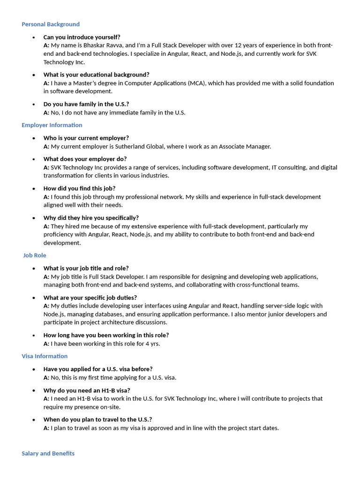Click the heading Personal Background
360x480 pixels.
[x=51, y=24]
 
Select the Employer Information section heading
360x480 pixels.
[x=52, y=125]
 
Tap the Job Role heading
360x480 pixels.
[x=35, y=255]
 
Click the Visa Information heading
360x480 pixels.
[x=45, y=356]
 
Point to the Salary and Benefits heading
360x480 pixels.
[x=48, y=454]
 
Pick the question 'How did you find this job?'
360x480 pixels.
[x=79, y=188]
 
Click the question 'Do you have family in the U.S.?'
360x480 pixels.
[x=86, y=104]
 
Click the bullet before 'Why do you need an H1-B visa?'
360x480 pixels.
[x=34, y=390]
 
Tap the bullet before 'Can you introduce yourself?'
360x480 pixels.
[x=34, y=37]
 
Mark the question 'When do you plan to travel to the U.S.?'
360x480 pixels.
[x=97, y=420]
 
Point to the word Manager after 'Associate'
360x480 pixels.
[x=258, y=146]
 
